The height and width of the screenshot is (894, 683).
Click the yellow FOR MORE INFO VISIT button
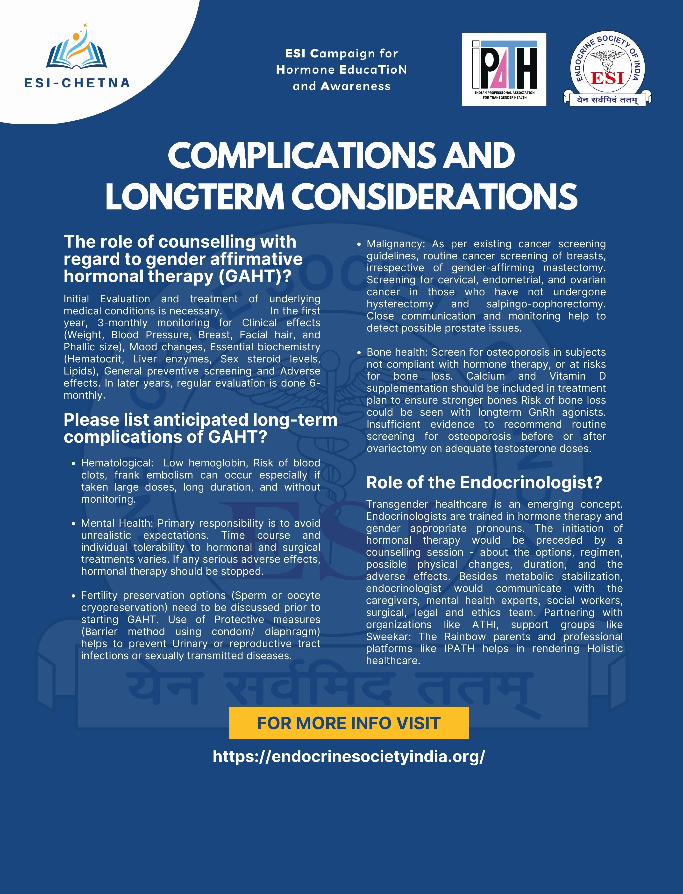(x=349, y=723)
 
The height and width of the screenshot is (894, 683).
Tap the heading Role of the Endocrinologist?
(x=484, y=483)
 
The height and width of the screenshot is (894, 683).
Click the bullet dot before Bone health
(x=359, y=353)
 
